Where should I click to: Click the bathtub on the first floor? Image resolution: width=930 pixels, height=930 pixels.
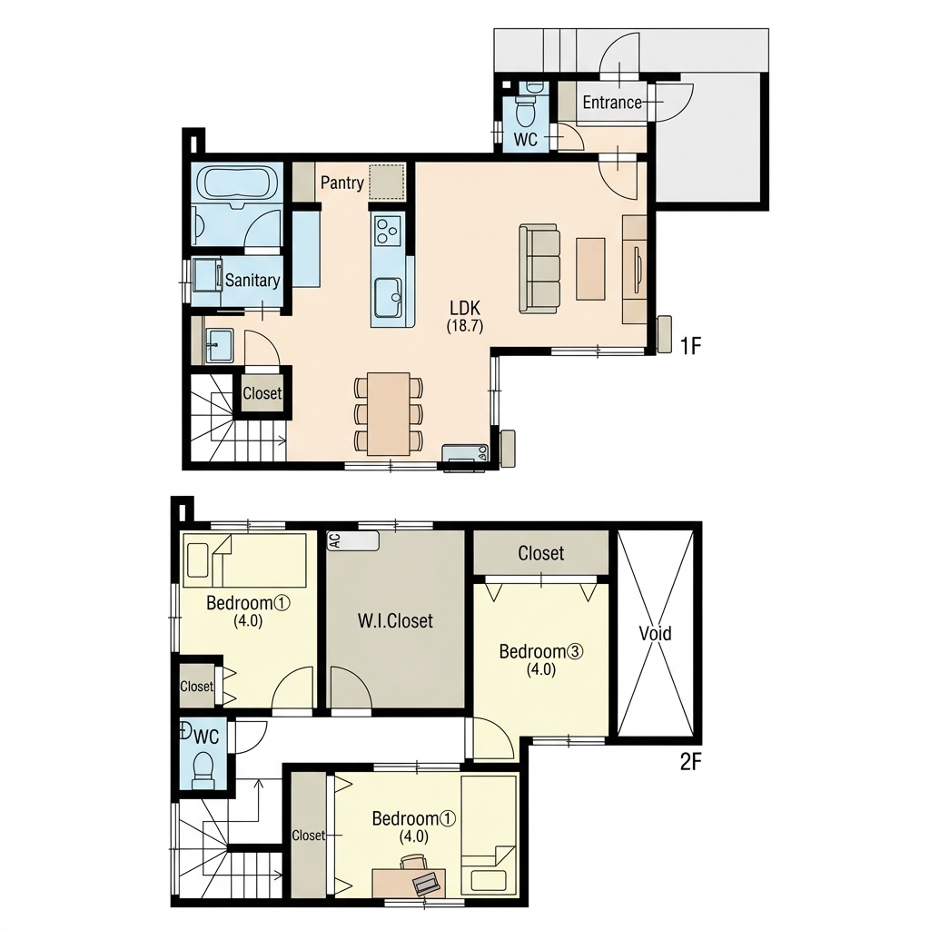[237, 183]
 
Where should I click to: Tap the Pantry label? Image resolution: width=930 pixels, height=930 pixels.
[342, 183]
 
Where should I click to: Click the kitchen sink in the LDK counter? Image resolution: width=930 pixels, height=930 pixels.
[389, 298]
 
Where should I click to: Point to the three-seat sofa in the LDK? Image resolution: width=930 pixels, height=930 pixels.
[539, 268]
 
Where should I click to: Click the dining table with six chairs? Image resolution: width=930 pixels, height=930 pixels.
[389, 413]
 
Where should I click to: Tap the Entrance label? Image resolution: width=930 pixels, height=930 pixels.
[612, 103]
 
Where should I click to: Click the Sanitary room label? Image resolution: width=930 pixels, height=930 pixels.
[252, 280]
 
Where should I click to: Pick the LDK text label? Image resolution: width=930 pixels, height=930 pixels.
[465, 309]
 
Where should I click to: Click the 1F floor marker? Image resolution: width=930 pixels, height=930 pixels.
[690, 346]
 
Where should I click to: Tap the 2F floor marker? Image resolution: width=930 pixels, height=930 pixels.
[691, 762]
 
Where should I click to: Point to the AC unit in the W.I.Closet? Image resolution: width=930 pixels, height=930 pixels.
[353, 540]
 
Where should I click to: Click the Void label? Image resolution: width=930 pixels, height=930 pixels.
[656, 633]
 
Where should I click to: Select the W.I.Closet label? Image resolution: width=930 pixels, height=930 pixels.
[395, 621]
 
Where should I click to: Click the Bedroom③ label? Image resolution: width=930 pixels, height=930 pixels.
[541, 652]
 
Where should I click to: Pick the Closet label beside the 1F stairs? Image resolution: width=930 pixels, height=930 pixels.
[262, 393]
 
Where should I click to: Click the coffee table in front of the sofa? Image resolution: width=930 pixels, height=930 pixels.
[590, 269]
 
